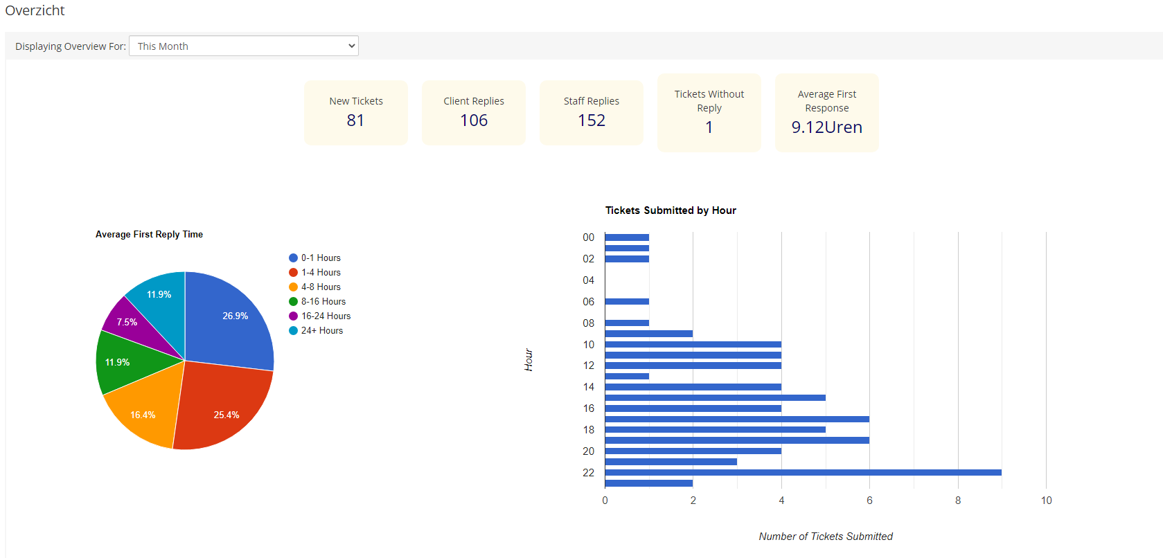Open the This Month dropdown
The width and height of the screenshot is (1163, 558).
[x=243, y=46]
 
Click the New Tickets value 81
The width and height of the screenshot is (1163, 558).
[x=355, y=120]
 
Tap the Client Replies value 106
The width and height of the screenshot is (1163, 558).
[x=474, y=120]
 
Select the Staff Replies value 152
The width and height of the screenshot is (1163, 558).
[x=592, y=120]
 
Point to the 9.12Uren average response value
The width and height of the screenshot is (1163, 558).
[x=826, y=127]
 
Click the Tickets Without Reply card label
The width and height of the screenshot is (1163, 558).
[x=709, y=101]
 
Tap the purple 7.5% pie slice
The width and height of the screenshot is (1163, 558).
[x=129, y=323]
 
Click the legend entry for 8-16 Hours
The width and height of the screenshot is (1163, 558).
[x=323, y=302]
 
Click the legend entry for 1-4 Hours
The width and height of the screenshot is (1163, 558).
[x=320, y=273]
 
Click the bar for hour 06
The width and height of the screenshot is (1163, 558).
[x=626, y=301]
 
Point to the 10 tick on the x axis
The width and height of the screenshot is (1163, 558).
[x=1046, y=501]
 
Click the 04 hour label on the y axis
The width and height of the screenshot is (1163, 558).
[x=588, y=280]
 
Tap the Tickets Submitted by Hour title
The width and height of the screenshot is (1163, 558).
[x=670, y=210]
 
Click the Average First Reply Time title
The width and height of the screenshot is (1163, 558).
[x=149, y=235]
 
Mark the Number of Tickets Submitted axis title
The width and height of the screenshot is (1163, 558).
[x=825, y=537]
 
